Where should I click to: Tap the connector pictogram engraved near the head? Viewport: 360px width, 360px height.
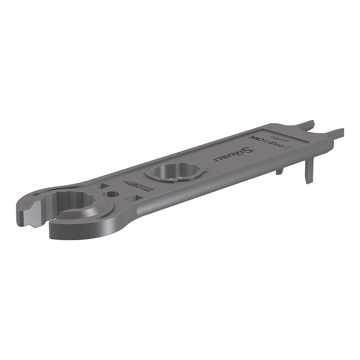tap(139, 185)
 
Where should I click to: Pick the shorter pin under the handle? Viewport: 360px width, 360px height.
tap(280, 171)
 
